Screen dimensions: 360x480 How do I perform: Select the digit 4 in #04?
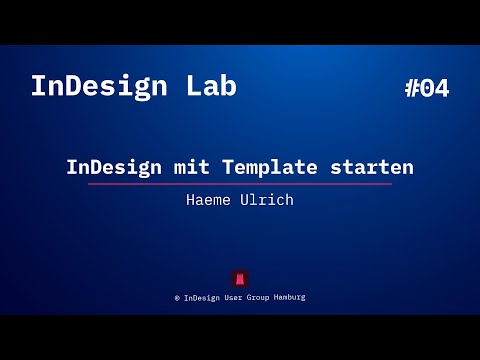(441, 88)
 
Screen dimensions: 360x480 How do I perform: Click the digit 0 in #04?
(426, 88)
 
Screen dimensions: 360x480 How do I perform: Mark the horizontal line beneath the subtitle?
(240, 184)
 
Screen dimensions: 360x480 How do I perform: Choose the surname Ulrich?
(267, 199)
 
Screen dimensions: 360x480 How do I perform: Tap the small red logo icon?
(240, 278)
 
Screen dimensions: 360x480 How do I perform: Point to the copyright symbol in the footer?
(177, 297)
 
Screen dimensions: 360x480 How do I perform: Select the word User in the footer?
(237, 297)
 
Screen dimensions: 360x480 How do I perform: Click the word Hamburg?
(292, 297)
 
